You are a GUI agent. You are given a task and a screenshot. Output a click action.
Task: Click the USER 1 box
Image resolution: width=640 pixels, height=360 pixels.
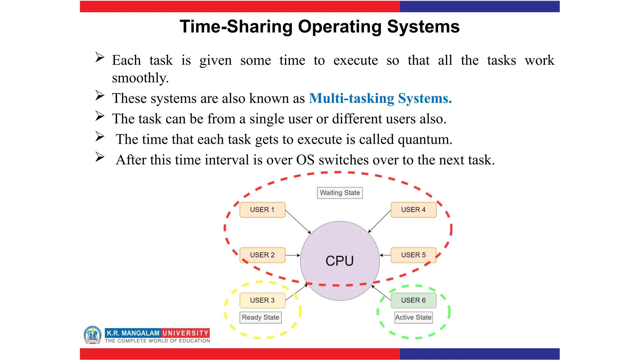262,210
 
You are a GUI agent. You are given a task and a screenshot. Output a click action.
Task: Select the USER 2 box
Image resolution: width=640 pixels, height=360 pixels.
262,255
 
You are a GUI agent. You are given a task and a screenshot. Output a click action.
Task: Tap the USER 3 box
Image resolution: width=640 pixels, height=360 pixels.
262,300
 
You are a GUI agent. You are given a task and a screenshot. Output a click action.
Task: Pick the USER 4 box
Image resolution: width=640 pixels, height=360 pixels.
413,210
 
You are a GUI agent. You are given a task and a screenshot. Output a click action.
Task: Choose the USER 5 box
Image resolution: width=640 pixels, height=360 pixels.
413,255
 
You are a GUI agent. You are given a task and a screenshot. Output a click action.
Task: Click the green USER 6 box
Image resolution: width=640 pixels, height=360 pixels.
413,300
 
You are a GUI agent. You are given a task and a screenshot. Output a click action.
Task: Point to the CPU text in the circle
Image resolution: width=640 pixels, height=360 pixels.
340,261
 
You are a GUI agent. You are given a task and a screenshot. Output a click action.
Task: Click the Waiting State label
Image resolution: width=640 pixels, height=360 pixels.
340,193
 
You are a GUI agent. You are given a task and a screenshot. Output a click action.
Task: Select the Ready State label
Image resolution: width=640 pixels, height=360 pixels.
261,317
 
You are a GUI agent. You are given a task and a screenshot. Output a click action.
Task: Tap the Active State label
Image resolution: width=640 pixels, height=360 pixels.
413,317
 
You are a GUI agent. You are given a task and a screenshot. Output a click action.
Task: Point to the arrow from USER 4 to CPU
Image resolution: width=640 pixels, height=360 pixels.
379,221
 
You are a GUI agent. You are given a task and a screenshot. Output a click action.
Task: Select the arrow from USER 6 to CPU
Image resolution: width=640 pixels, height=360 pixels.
381,293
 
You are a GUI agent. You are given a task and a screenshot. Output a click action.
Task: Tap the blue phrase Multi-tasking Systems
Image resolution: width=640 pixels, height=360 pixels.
380,98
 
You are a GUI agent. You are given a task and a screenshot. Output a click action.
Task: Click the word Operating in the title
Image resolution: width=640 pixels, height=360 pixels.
340,27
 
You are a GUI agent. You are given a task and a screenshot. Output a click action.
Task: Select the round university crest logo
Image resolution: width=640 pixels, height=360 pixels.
92,335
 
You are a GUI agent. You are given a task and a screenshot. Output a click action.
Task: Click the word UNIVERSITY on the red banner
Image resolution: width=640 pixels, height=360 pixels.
185,333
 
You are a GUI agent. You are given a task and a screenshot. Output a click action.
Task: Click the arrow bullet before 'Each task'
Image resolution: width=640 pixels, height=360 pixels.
100,57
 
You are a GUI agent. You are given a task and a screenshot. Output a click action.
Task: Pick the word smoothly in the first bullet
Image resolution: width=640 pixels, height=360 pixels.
140,78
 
